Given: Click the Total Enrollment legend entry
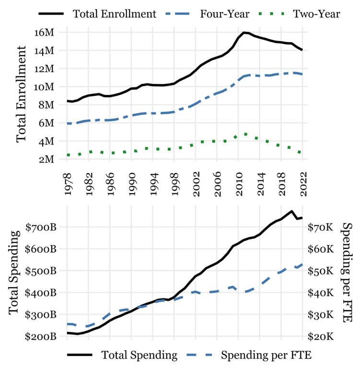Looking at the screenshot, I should coord(115,13).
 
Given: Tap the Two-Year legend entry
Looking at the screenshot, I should coord(317,13).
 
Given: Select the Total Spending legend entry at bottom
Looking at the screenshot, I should coord(139,355).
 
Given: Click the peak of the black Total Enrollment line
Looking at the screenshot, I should coord(244,33).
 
